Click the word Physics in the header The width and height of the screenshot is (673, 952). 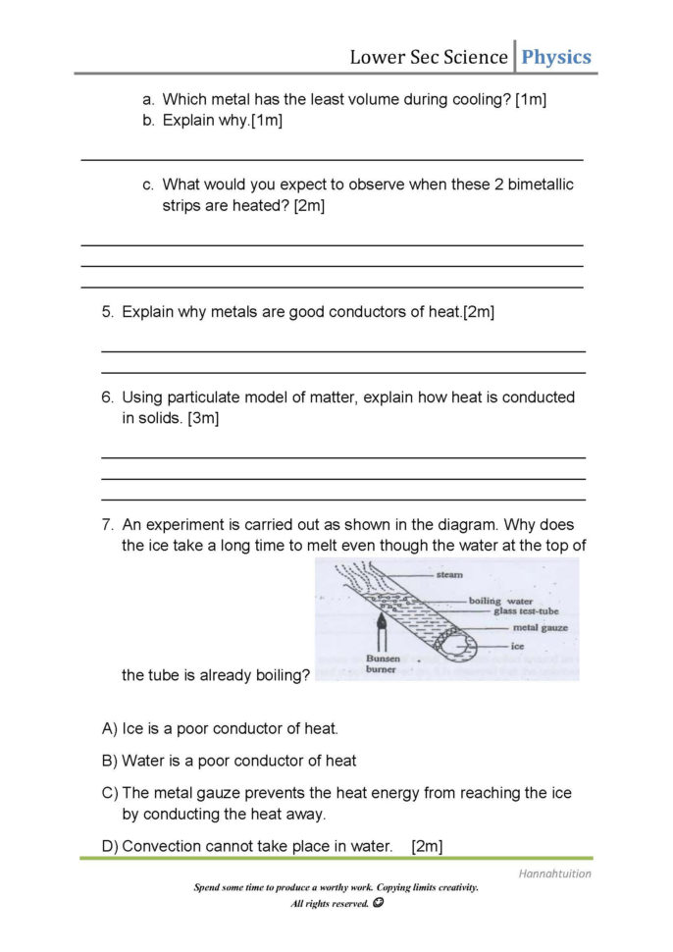click(555, 57)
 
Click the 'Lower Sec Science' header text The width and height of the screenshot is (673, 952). click(429, 57)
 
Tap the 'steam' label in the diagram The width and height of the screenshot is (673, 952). click(449, 574)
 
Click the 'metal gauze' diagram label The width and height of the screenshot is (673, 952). click(540, 628)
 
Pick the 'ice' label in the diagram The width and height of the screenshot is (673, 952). click(518, 647)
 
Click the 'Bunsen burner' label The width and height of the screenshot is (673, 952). click(384, 664)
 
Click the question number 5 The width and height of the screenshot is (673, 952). click(107, 312)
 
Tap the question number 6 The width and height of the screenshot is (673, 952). click(107, 397)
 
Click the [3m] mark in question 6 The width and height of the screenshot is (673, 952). click(203, 418)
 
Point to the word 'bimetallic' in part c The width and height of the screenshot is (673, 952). click(539, 185)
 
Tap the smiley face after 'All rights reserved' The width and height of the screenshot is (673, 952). click(378, 903)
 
